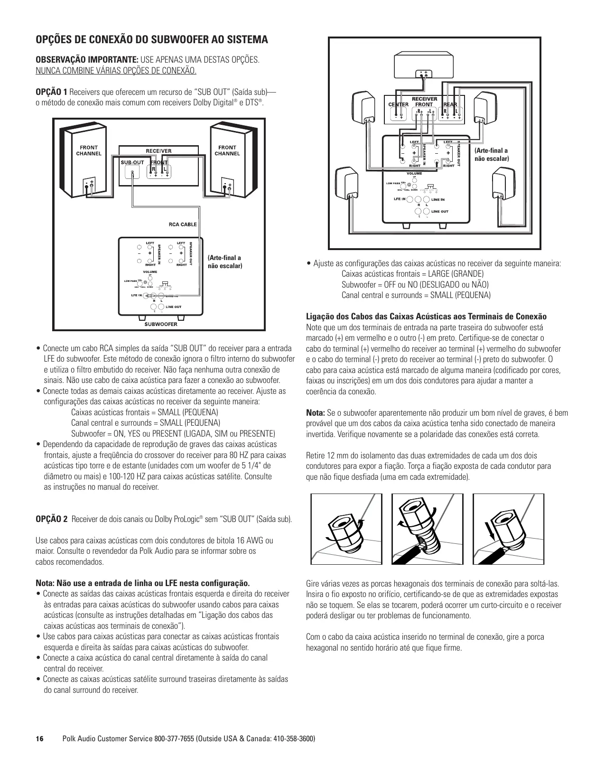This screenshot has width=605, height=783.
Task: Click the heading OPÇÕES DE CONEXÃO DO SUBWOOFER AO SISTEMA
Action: coord(152,39)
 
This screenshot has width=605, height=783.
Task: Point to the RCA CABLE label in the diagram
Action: coord(183,224)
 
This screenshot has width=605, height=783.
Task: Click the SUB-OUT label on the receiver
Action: coord(132,162)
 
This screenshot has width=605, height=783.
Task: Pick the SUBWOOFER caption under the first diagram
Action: coord(161,325)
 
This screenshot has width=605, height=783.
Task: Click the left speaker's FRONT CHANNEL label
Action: coord(89,150)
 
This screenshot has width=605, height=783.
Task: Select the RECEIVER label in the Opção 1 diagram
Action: coord(158,151)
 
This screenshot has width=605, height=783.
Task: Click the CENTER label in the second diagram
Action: coord(398,104)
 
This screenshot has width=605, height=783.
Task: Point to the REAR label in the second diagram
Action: coord(450,104)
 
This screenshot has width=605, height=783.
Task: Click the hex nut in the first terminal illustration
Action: coord(343,527)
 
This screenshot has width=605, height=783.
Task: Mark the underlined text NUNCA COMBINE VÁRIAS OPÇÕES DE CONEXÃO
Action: coord(116,71)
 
